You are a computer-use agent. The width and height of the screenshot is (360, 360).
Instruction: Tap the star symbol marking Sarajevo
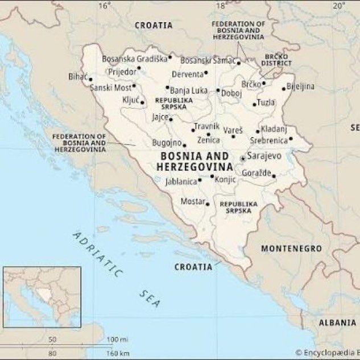[x=243, y=158]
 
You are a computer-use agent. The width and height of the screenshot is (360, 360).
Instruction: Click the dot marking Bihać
[x=90, y=79]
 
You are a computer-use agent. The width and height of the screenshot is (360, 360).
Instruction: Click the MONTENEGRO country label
[x=291, y=249]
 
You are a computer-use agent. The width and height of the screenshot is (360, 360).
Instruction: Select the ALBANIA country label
[x=337, y=322]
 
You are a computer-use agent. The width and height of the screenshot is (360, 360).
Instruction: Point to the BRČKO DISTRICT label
[x=276, y=60]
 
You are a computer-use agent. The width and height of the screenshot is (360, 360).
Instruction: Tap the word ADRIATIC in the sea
[x=97, y=253]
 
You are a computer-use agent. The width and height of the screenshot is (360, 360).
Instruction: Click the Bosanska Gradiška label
[x=134, y=58]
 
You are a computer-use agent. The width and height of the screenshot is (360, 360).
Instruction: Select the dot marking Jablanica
[x=199, y=180]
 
